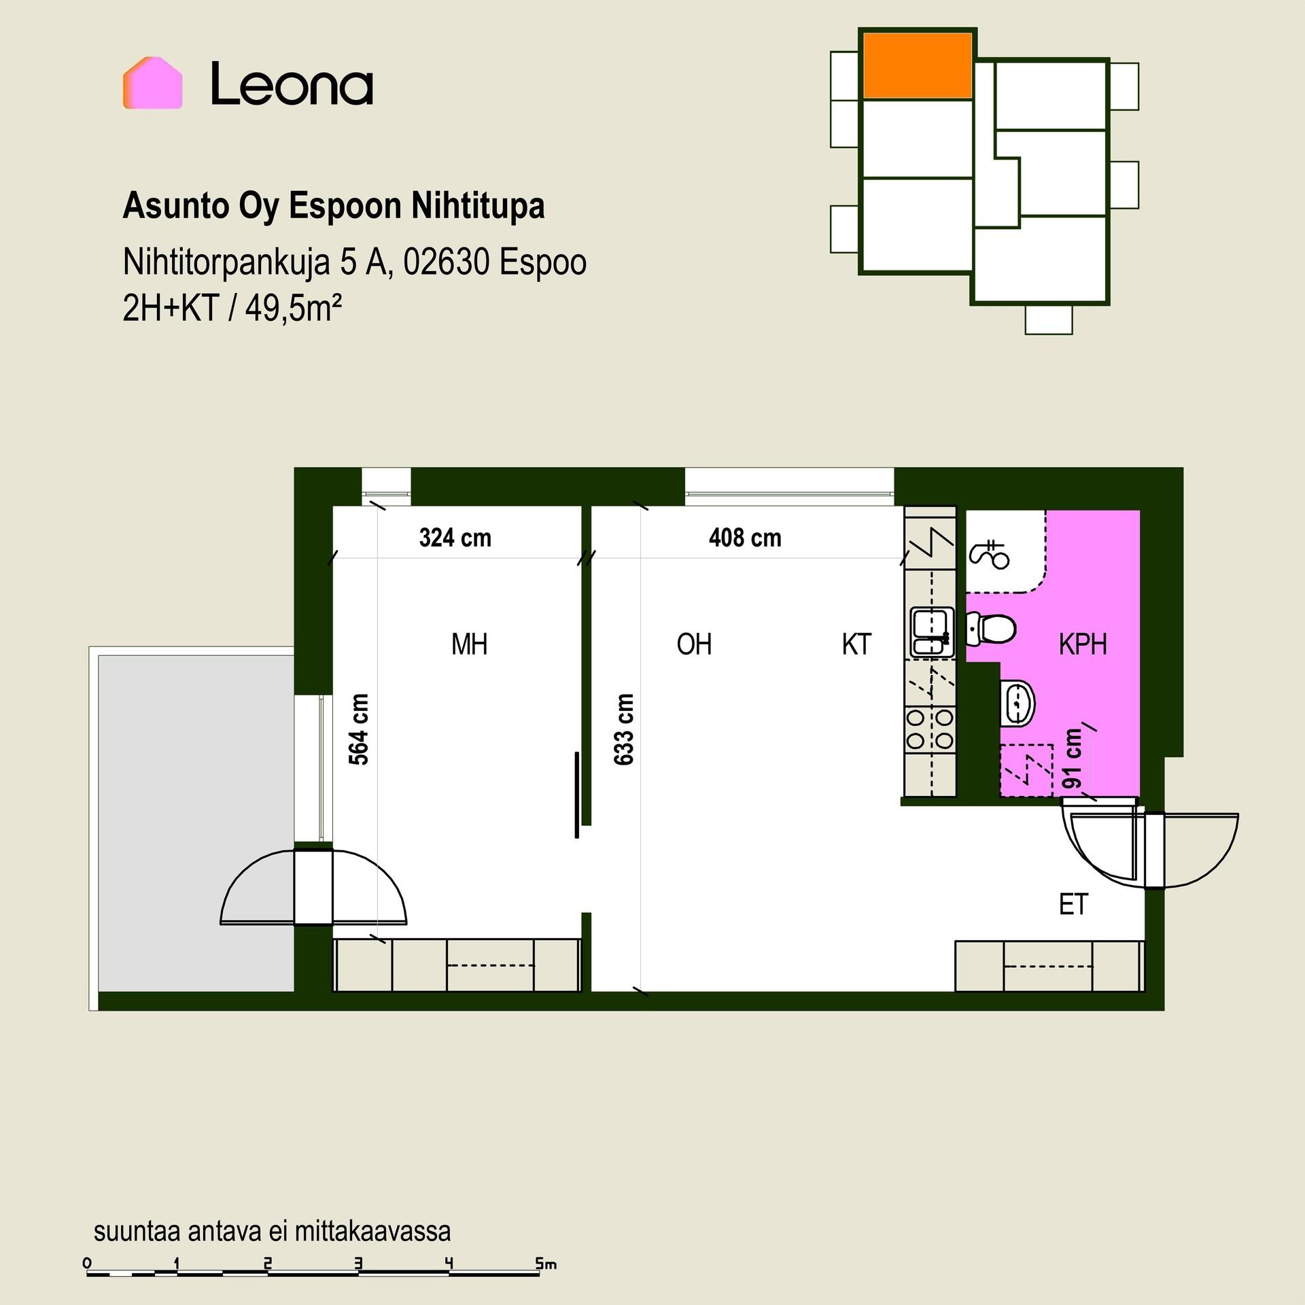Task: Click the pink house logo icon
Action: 152,83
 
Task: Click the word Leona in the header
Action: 292,84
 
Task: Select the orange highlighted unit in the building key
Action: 917,65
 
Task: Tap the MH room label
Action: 470,644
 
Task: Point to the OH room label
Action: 694,644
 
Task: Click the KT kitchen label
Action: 856,644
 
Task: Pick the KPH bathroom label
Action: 1083,644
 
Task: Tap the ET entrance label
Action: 1074,905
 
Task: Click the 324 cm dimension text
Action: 455,538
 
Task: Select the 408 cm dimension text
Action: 745,538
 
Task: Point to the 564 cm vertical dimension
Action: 359,729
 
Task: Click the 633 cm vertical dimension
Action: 624,729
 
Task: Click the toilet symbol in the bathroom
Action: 990,628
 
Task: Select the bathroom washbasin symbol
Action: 1017,703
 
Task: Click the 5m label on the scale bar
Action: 546,1264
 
